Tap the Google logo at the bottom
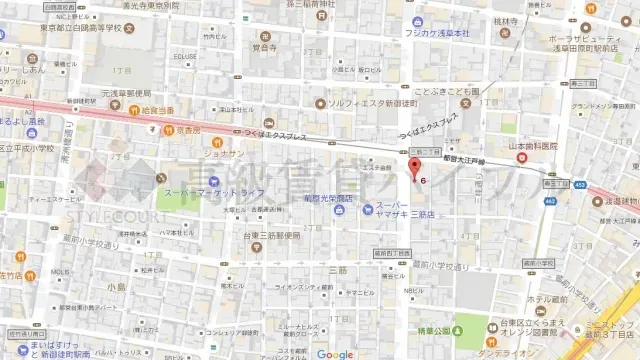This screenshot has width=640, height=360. [335, 354]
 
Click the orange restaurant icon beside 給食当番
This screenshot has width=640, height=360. [132, 110]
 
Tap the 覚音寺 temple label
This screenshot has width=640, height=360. [264, 46]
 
